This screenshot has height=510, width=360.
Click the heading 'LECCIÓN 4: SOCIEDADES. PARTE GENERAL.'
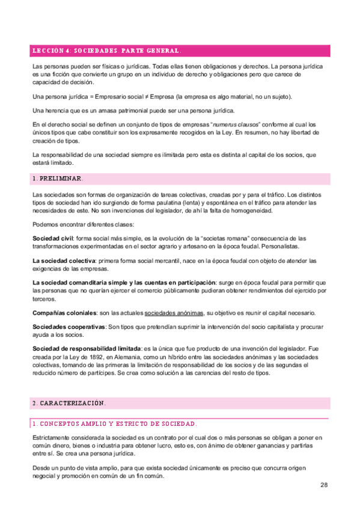click(x=106, y=51)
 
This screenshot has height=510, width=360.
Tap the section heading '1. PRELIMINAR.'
click(x=58, y=179)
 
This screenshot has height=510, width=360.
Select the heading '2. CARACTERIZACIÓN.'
click(x=69, y=402)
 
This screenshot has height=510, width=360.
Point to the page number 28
click(x=323, y=485)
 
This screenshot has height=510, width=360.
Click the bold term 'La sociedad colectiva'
click(x=63, y=260)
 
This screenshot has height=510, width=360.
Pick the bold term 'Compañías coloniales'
click(x=64, y=313)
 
